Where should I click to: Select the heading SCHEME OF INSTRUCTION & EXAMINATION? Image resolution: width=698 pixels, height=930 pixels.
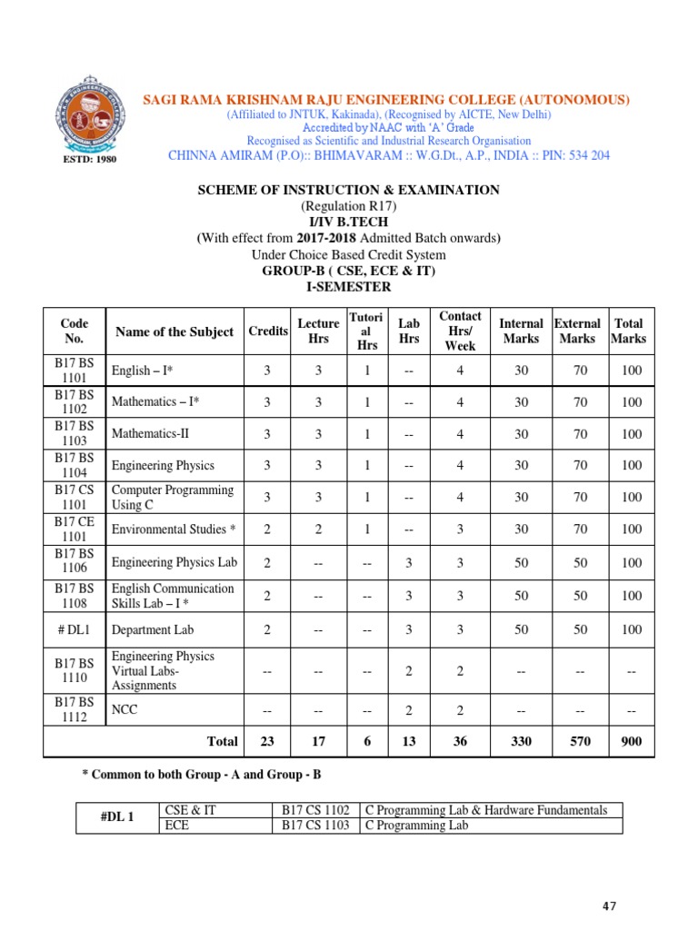click(x=349, y=190)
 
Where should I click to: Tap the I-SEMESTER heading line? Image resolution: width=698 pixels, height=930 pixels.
click(x=350, y=287)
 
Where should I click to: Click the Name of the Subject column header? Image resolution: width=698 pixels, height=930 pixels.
click(x=173, y=331)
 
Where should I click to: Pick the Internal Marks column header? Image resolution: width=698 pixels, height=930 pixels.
click(x=521, y=331)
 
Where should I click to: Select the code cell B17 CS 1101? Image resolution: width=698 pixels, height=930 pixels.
click(x=74, y=498)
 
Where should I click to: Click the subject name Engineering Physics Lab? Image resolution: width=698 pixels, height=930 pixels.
click(x=174, y=562)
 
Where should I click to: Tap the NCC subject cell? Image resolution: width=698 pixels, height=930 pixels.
click(x=125, y=709)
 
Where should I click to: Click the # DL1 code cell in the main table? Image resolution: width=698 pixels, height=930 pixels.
click(x=74, y=628)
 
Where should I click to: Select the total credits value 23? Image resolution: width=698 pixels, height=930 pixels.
click(x=267, y=741)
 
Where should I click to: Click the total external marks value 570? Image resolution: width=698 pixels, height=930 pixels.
click(x=578, y=741)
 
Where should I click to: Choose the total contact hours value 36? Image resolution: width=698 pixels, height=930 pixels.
click(x=460, y=741)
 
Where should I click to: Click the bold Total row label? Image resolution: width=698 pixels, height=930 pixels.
click(x=222, y=741)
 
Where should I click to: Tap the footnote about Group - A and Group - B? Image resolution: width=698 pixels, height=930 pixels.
click(x=201, y=775)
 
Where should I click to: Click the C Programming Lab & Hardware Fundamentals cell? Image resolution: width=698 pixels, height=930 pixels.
click(x=485, y=810)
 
